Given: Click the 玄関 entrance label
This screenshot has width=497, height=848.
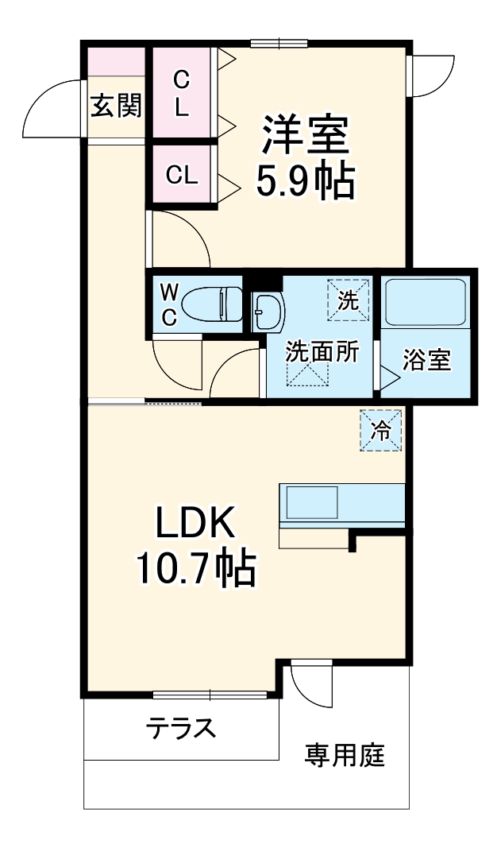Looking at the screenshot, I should (116, 106).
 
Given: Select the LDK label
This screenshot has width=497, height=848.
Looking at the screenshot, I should (194, 525).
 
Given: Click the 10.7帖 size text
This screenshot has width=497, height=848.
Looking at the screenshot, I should (195, 567).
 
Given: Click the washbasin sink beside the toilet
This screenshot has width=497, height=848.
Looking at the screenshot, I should (268, 312).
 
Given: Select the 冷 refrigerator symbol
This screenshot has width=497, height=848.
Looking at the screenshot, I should (381, 430).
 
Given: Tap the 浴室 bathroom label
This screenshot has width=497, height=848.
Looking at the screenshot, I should (427, 360).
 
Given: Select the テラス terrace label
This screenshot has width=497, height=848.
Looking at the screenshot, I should (181, 727).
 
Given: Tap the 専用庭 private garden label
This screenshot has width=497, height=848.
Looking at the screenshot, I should (345, 755).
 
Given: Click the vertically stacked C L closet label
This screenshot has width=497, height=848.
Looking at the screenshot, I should (182, 94).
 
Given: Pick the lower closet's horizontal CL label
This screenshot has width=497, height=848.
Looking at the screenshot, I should (182, 175).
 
